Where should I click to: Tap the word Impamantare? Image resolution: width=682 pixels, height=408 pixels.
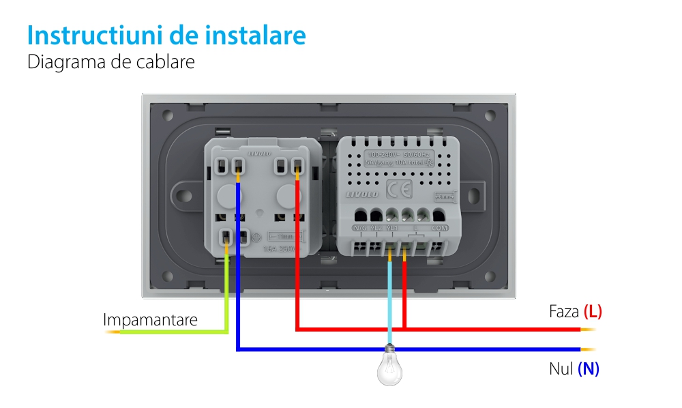coord(150,319)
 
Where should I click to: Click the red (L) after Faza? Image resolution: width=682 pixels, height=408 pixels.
coord(593,312)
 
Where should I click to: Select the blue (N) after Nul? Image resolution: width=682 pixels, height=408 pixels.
coord(588,369)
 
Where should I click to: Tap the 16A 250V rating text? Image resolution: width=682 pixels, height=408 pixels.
coord(281,248)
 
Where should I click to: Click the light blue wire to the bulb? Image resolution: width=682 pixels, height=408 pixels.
coord(389,300)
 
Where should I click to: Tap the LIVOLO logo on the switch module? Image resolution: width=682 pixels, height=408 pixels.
coord(361,194)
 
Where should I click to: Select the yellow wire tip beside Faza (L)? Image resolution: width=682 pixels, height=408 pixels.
coord(588,330)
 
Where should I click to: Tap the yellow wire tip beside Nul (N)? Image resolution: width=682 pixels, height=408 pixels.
coord(588,350)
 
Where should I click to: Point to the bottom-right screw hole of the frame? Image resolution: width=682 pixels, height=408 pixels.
coord(490,278)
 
